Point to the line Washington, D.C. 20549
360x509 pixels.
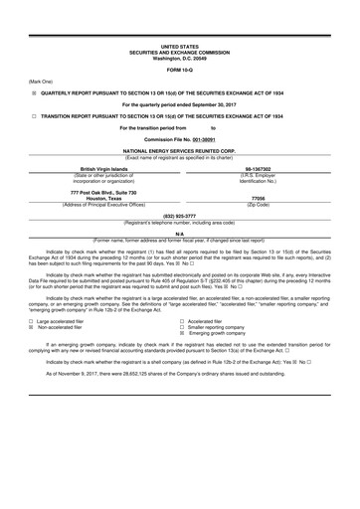(x=179, y=58)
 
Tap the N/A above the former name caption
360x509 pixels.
(x=179, y=235)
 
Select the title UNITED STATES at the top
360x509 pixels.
(x=179, y=47)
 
